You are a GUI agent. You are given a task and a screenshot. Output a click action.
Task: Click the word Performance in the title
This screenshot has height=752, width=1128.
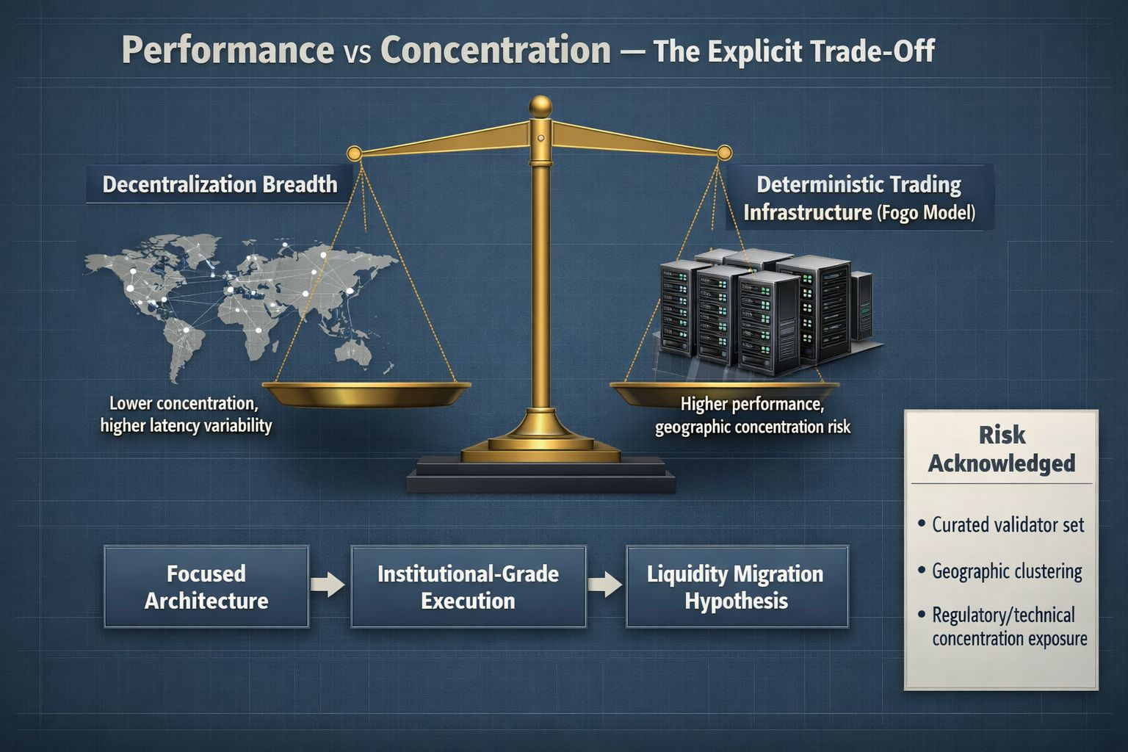point(228,51)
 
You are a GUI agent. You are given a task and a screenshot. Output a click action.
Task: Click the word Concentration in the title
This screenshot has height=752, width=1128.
point(496,50)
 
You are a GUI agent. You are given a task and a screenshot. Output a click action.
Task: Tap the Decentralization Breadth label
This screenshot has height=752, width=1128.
point(220,184)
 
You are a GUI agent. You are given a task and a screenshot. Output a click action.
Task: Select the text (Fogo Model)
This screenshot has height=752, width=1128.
point(926,212)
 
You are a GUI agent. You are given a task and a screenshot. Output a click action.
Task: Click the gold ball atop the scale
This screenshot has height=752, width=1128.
point(540,106)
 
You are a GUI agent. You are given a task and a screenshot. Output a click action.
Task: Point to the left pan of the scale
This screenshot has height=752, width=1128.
point(366,394)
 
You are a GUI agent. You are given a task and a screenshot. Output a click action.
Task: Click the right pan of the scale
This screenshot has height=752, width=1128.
point(724,393)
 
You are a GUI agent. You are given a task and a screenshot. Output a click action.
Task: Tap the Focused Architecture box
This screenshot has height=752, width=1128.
point(206,587)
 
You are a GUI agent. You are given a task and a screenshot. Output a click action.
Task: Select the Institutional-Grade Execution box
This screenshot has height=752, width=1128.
point(469,587)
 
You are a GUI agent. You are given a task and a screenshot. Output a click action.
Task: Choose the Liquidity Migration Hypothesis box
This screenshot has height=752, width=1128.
point(737,587)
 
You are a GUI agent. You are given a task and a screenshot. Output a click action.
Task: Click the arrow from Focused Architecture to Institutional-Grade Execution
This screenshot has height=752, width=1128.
point(328,585)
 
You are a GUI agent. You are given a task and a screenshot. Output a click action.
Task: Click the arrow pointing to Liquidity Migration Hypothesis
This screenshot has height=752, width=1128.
point(605,585)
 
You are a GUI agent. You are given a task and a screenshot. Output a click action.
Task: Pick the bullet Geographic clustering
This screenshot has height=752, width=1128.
point(1000,571)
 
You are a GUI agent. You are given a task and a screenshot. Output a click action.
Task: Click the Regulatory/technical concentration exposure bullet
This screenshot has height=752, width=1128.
point(1002,626)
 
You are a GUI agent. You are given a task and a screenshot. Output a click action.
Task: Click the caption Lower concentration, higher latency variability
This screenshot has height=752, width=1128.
point(186,414)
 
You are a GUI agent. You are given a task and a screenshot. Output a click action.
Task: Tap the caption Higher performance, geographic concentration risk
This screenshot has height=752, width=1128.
point(752,416)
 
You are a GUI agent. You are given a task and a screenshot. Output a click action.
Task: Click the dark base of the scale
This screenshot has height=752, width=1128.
point(540,474)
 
